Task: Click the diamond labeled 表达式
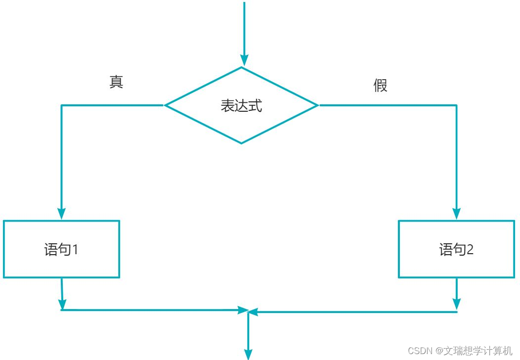241,105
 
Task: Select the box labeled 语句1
61,249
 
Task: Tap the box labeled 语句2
456,249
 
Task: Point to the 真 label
116,82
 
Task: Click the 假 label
380,86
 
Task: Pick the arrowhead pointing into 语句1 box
61,213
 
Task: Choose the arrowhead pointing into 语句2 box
457,213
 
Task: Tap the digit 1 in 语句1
75,250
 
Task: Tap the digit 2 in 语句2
470,250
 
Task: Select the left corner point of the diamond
166,105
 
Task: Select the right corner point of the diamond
317,105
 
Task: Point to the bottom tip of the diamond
241,143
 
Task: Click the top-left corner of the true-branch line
61,105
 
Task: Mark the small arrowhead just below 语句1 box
62,304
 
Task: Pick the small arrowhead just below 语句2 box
457,304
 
